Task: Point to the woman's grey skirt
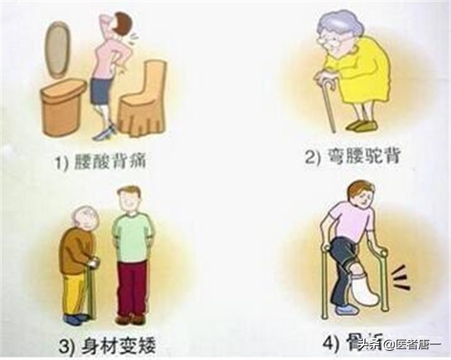coord(103,90)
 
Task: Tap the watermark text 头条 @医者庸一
coord(399,345)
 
